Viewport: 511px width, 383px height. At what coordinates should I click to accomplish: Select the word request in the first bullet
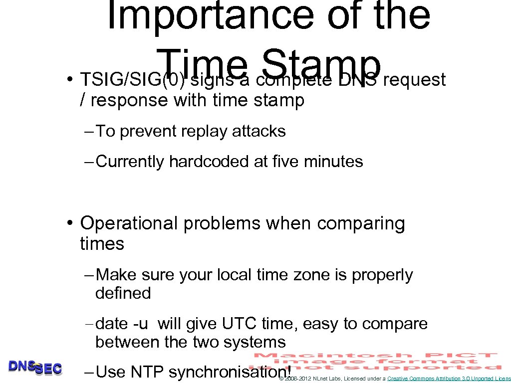[x=415, y=79]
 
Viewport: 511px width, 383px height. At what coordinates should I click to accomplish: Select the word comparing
[x=361, y=223]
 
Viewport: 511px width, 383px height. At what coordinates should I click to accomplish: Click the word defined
[x=123, y=293]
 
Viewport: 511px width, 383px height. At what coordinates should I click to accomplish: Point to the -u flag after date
[x=140, y=324]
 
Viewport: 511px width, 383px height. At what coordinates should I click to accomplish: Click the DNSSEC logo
[x=35, y=368]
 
